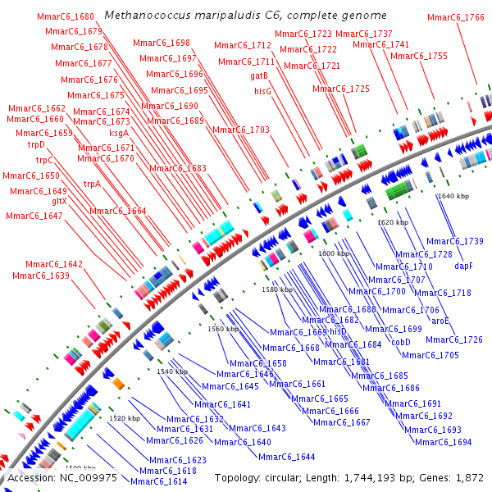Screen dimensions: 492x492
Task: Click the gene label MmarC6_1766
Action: (456, 17)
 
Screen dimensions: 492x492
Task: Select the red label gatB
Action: (259, 75)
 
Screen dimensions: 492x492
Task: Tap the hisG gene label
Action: (262, 91)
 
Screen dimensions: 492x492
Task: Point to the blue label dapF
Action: (464, 266)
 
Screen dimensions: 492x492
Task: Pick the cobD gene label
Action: (401, 342)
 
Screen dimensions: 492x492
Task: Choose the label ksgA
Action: (119, 132)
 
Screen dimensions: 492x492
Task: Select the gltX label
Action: (59, 201)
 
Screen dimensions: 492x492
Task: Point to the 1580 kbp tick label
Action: (276, 290)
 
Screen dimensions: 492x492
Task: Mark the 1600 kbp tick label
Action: (334, 254)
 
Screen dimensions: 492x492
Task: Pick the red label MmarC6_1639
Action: (41, 276)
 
